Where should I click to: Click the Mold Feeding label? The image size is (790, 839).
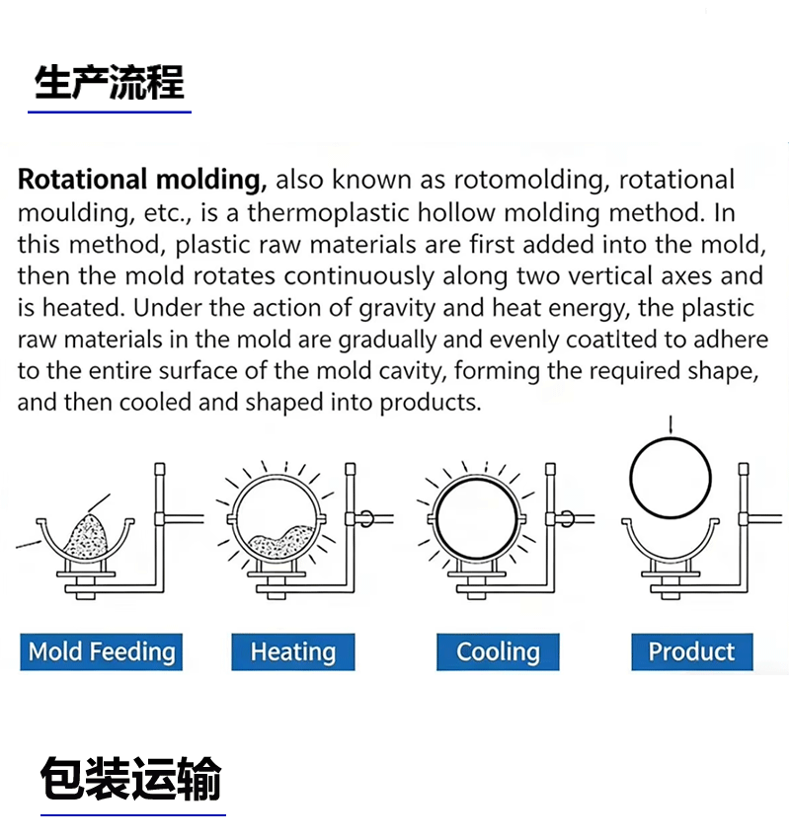point(101,651)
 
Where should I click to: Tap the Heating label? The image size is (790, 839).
point(292,651)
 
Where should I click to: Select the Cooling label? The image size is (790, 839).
point(498,651)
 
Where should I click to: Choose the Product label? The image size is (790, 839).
point(691,651)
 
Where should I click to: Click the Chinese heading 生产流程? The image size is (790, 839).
point(110,82)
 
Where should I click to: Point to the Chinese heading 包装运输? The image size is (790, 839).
point(131,779)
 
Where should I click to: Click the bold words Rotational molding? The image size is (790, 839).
point(142,180)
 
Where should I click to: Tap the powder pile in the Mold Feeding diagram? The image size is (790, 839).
point(87,536)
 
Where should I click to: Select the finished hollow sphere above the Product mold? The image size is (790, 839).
point(671,478)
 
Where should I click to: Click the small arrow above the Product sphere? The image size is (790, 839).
point(671,424)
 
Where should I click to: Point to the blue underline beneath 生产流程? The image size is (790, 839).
point(110,113)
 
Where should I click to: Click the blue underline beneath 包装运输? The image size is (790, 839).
point(132,815)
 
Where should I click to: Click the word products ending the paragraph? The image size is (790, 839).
point(430,403)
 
